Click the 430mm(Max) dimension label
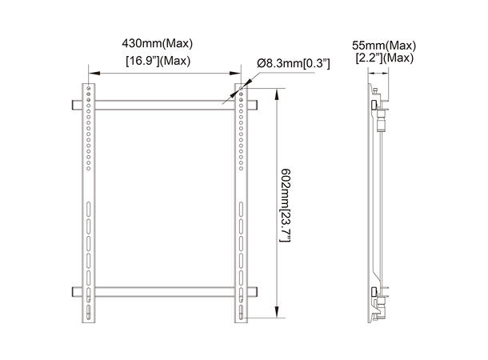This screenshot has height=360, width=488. pyautogui.click(x=157, y=43)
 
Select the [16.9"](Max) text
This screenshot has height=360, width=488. pyautogui.click(x=157, y=60)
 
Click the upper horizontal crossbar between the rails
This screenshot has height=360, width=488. pyautogui.click(x=163, y=104)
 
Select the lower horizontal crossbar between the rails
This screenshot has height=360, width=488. pyautogui.click(x=163, y=291)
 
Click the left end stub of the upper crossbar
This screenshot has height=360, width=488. pyautogui.click(x=74, y=104)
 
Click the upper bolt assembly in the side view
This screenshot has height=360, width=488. pyautogui.click(x=381, y=112)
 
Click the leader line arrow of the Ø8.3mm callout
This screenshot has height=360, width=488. pyautogui.click(x=243, y=90)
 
